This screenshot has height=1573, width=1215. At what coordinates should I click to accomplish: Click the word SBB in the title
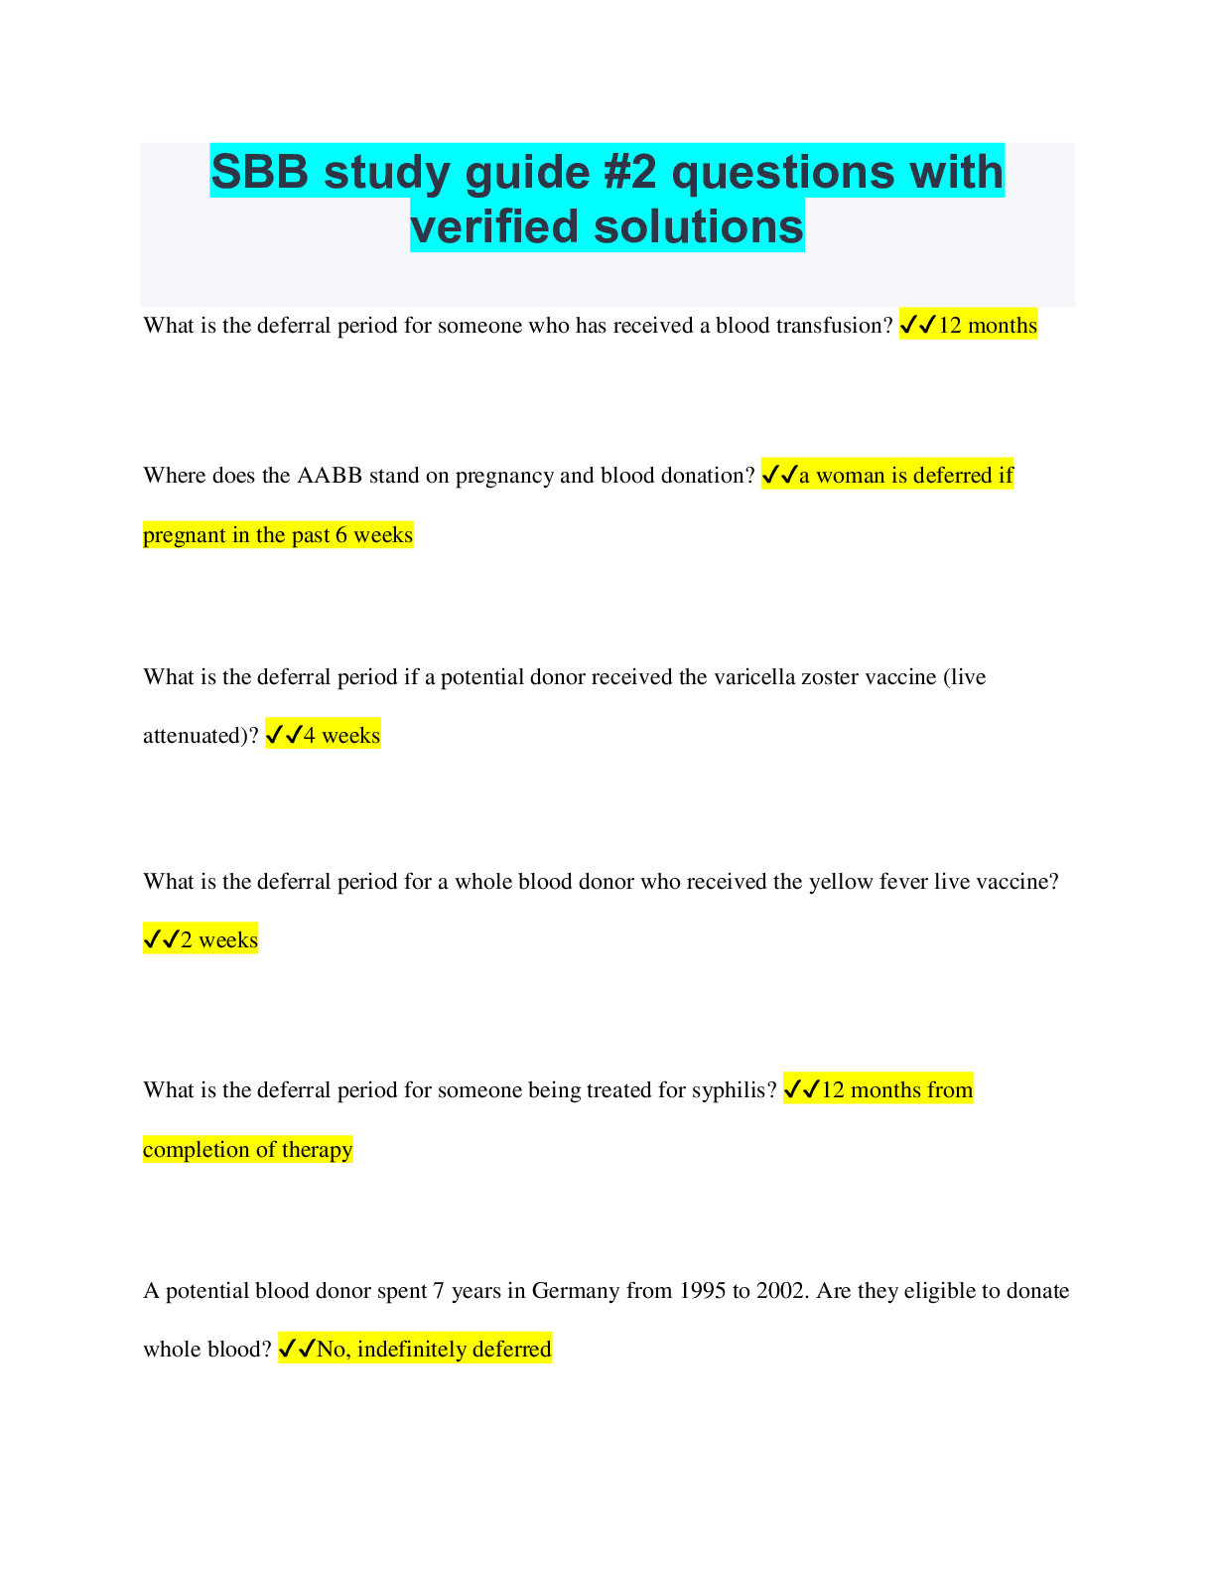point(259,172)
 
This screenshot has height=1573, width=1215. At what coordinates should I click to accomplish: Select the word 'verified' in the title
point(494,226)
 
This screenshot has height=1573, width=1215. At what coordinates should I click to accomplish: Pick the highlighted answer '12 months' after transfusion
point(987,326)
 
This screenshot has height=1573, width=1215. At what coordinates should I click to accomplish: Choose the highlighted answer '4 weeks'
point(341,736)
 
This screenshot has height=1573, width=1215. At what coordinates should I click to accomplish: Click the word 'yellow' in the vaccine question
point(840,883)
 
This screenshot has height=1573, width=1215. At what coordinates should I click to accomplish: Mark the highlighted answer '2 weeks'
point(218,940)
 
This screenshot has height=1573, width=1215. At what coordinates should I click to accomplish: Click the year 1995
point(702,1291)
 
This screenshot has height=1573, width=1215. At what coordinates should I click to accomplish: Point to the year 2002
point(782,1291)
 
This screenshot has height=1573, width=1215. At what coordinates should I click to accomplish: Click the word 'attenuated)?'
point(201,736)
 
